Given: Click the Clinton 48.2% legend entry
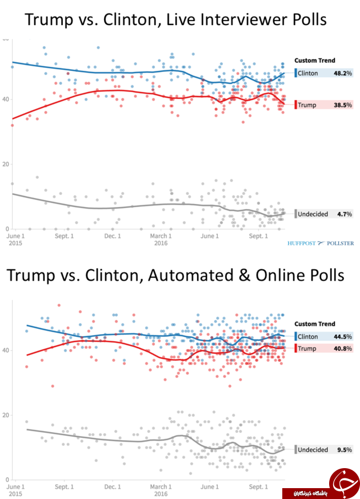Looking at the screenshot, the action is tap(324, 73).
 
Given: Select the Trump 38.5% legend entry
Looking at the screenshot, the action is tap(324, 105).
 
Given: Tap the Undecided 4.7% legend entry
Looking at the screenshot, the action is tap(324, 214).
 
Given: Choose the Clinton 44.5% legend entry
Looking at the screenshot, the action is tap(324, 336).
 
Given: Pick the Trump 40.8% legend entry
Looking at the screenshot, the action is tap(324, 348).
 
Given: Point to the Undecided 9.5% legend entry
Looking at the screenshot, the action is tap(324, 449).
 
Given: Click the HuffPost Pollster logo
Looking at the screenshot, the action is tap(321, 243).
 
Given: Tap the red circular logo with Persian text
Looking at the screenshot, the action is tap(343, 482).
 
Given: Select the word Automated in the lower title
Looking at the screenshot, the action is tap(191, 275).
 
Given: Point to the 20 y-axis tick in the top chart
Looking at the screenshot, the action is tap(5, 164).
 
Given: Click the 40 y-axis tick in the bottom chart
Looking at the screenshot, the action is tap(5, 350).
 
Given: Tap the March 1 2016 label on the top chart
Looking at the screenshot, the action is tap(161, 239).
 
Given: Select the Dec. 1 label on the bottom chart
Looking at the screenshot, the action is tap(113, 487).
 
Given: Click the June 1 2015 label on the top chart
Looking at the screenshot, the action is tap(15, 239).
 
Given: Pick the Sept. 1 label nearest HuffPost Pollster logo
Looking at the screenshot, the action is tap(258, 236).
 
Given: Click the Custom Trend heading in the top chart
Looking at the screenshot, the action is tap(314, 61).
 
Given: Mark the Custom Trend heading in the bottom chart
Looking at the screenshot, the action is tap(314, 324).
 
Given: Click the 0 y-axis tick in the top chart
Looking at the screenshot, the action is tap(7, 229).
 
